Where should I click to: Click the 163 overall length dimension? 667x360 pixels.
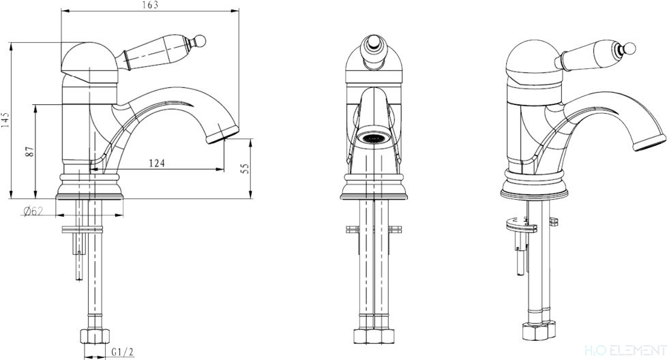click(x=150, y=5)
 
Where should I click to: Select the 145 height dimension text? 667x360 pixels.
click(x=5, y=120)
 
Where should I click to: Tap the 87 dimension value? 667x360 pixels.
click(x=30, y=152)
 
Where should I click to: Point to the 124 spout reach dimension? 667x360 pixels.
click(x=157, y=163)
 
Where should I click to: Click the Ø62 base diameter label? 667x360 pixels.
click(x=33, y=211)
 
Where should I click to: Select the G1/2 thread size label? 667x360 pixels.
click(x=123, y=352)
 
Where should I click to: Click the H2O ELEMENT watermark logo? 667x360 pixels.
click(x=625, y=350)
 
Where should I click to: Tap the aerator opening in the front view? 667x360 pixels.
click(x=374, y=138)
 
